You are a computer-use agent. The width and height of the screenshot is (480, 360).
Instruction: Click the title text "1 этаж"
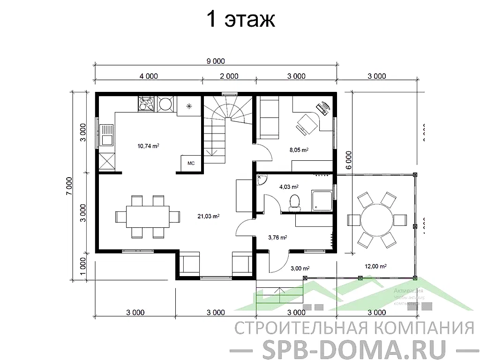(240, 19)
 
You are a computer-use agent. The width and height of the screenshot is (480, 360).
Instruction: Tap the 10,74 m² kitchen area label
(148, 146)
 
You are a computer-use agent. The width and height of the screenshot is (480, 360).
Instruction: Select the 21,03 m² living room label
(209, 216)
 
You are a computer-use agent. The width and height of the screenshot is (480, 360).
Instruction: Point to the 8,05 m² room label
(298, 150)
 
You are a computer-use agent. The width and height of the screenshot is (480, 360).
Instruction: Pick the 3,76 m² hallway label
(277, 237)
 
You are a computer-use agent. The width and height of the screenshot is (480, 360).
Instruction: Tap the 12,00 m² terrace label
(375, 266)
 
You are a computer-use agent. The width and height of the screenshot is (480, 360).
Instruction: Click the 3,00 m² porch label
(300, 268)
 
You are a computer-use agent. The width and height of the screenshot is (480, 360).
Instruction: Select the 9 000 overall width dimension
(216, 61)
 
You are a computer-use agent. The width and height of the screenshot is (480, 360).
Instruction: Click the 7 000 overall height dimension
(69, 186)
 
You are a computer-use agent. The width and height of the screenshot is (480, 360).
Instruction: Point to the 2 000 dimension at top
(229, 76)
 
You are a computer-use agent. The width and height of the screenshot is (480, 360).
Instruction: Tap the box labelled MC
(191, 163)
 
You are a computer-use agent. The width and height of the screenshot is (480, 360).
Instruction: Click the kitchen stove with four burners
(146, 104)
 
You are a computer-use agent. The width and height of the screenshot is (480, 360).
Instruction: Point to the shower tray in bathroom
(321, 201)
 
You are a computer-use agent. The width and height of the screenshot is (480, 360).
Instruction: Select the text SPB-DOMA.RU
(353, 347)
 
